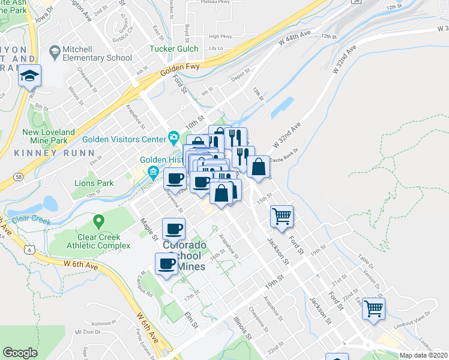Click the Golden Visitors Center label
123,139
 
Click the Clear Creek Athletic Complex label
98,241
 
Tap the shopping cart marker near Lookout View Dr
374,309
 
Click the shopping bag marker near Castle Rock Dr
259,167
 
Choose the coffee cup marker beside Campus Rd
166,264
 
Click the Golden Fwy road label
178,67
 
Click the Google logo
20,353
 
